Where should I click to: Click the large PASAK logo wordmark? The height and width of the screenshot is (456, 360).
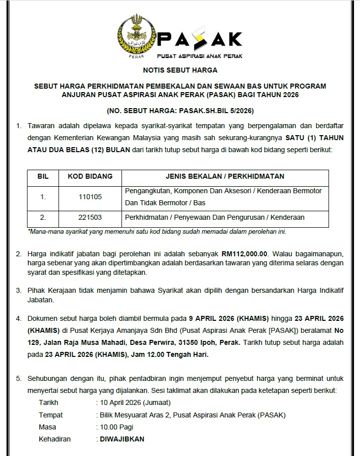click(x=200, y=39)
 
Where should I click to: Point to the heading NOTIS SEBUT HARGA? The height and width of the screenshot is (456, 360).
click(x=180, y=71)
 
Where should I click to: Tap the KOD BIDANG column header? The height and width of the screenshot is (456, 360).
click(x=90, y=176)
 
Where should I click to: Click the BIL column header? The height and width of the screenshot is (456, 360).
click(x=43, y=176)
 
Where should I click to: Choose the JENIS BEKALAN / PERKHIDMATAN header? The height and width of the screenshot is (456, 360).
click(x=225, y=176)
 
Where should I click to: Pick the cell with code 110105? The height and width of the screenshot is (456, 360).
click(x=90, y=197)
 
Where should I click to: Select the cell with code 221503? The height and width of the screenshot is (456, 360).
click(x=90, y=217)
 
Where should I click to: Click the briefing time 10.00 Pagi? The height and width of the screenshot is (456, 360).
click(x=115, y=427)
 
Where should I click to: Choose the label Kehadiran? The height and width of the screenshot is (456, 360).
click(x=54, y=439)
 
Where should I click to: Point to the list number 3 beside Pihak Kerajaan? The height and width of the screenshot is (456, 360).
click(x=18, y=290)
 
